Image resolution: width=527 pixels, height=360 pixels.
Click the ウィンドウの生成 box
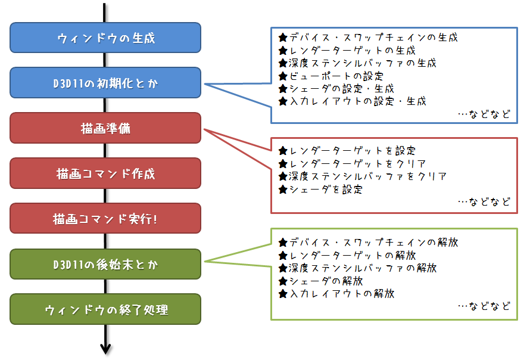click(106, 38)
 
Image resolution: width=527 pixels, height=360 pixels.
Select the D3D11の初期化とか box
click(106, 83)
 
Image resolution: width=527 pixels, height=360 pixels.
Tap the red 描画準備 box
click(106, 128)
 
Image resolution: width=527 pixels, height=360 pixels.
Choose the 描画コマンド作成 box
click(106, 173)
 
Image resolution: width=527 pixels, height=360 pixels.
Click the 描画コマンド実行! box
click(106, 219)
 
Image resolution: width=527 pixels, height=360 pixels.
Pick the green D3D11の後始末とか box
click(106, 264)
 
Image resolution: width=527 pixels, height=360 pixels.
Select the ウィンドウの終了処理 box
click(106, 309)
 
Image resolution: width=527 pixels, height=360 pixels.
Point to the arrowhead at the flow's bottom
click(105, 348)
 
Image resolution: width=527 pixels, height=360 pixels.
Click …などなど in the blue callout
click(484, 114)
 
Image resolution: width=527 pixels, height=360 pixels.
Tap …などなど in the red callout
click(484, 202)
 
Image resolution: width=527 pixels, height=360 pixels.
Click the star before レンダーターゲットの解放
click(283, 255)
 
